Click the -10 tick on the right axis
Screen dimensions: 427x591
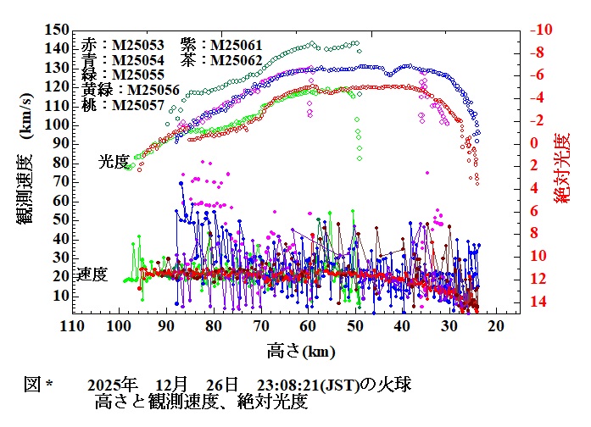(x=542, y=30)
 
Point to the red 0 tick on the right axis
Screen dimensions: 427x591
(x=533, y=143)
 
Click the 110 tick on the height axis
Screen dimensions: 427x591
(x=71, y=327)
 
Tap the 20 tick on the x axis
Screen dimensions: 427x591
(x=500, y=327)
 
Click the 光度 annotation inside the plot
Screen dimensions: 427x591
(x=114, y=161)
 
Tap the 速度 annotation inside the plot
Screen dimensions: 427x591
(x=92, y=274)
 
